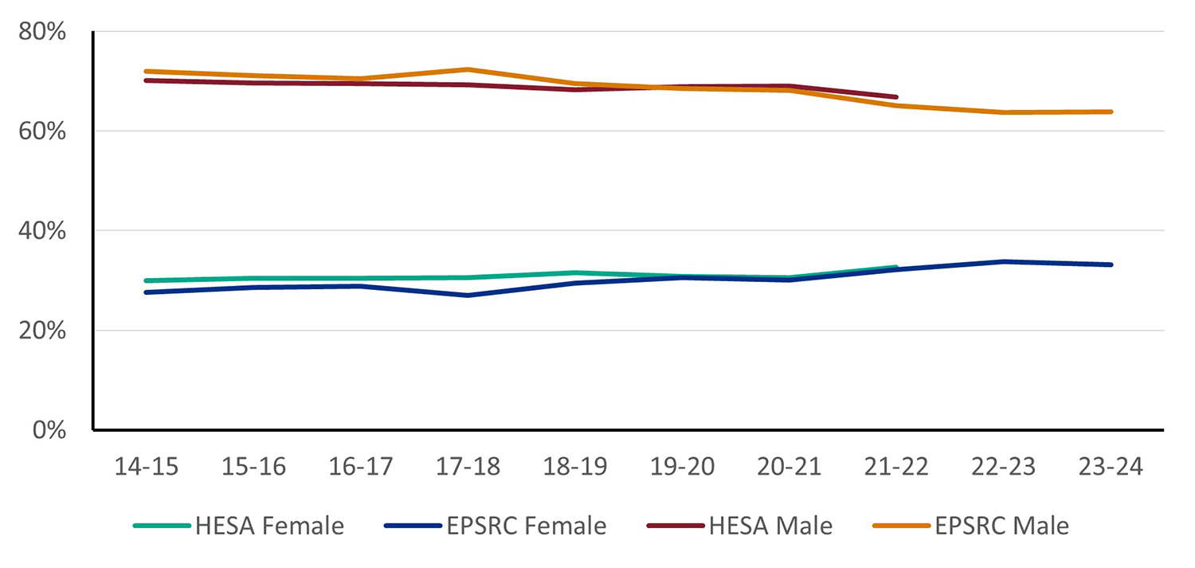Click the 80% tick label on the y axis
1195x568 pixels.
tap(42, 33)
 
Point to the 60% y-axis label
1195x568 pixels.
tap(42, 132)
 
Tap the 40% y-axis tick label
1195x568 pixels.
tap(42, 232)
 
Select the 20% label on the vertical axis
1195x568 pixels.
tap(42, 331)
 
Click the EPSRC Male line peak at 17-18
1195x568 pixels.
tap(468, 69)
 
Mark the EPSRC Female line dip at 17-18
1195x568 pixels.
tap(468, 296)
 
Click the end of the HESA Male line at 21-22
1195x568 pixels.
tap(896, 97)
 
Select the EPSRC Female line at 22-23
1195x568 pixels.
tap(1004, 261)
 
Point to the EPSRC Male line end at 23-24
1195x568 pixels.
tap(1111, 112)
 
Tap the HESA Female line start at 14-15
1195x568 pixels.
tap(147, 280)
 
